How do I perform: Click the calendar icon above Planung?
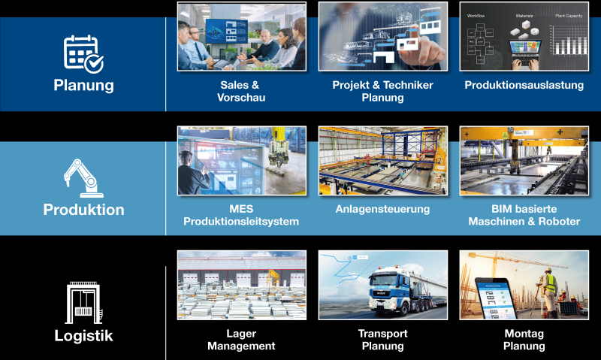click(x=83, y=54)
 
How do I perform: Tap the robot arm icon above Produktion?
click(x=83, y=178)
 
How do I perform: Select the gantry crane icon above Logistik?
click(x=84, y=303)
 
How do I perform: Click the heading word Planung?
click(x=83, y=86)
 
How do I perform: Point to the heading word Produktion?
click(x=83, y=210)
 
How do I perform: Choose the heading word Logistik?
click(x=83, y=336)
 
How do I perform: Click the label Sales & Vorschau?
click(x=241, y=91)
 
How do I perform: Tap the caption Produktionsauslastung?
click(x=524, y=85)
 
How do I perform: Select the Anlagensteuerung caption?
click(x=382, y=209)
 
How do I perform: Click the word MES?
click(x=241, y=209)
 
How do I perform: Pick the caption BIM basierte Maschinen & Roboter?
click(x=524, y=215)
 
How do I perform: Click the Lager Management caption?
click(x=241, y=340)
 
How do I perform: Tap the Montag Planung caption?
click(x=524, y=340)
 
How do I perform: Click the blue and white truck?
click(x=403, y=291)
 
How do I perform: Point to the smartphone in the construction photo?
click(x=495, y=298)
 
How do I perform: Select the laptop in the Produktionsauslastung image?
click(x=524, y=53)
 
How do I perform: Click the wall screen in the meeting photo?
click(x=227, y=32)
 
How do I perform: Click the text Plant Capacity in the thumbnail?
click(x=569, y=16)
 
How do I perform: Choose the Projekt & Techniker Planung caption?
click(x=382, y=91)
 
